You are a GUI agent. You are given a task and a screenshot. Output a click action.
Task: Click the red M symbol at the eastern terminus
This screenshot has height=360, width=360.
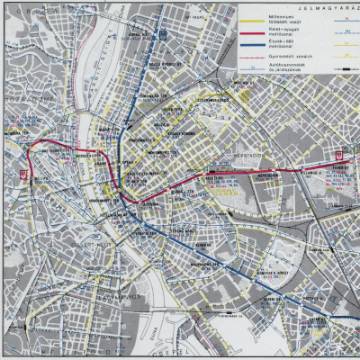pos(338,153)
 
